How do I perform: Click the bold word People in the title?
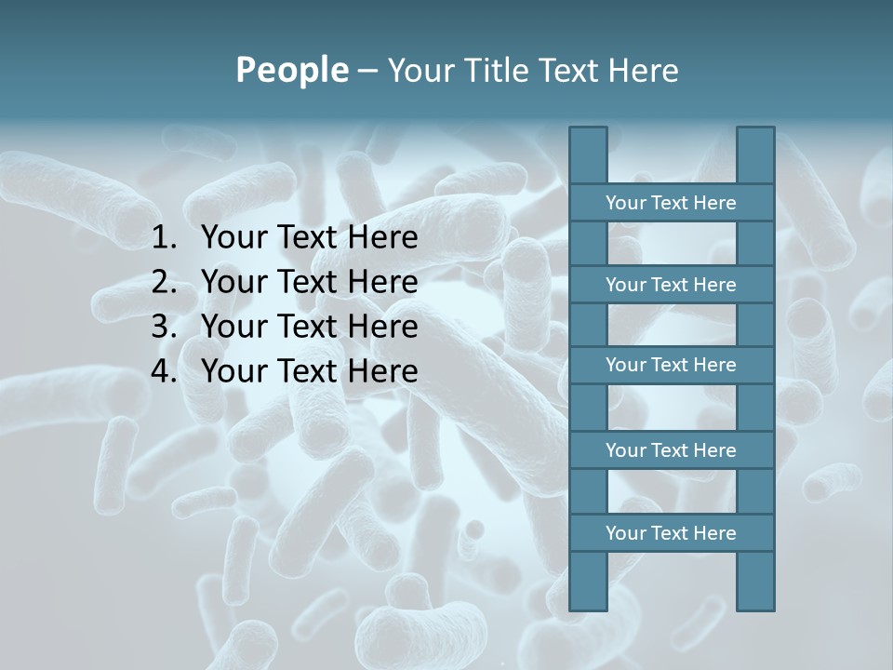coord(292,70)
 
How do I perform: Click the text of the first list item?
coord(309,238)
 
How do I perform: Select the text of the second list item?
coord(309,282)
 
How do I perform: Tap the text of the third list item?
coord(309,327)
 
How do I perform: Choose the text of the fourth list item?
coord(309,371)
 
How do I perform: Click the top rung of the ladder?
coord(671,203)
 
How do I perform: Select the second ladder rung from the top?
coord(671,285)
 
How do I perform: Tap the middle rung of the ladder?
coord(671,365)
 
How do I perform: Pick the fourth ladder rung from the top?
coord(671,450)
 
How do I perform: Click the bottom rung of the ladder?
coord(671,533)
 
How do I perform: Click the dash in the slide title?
coord(367,71)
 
